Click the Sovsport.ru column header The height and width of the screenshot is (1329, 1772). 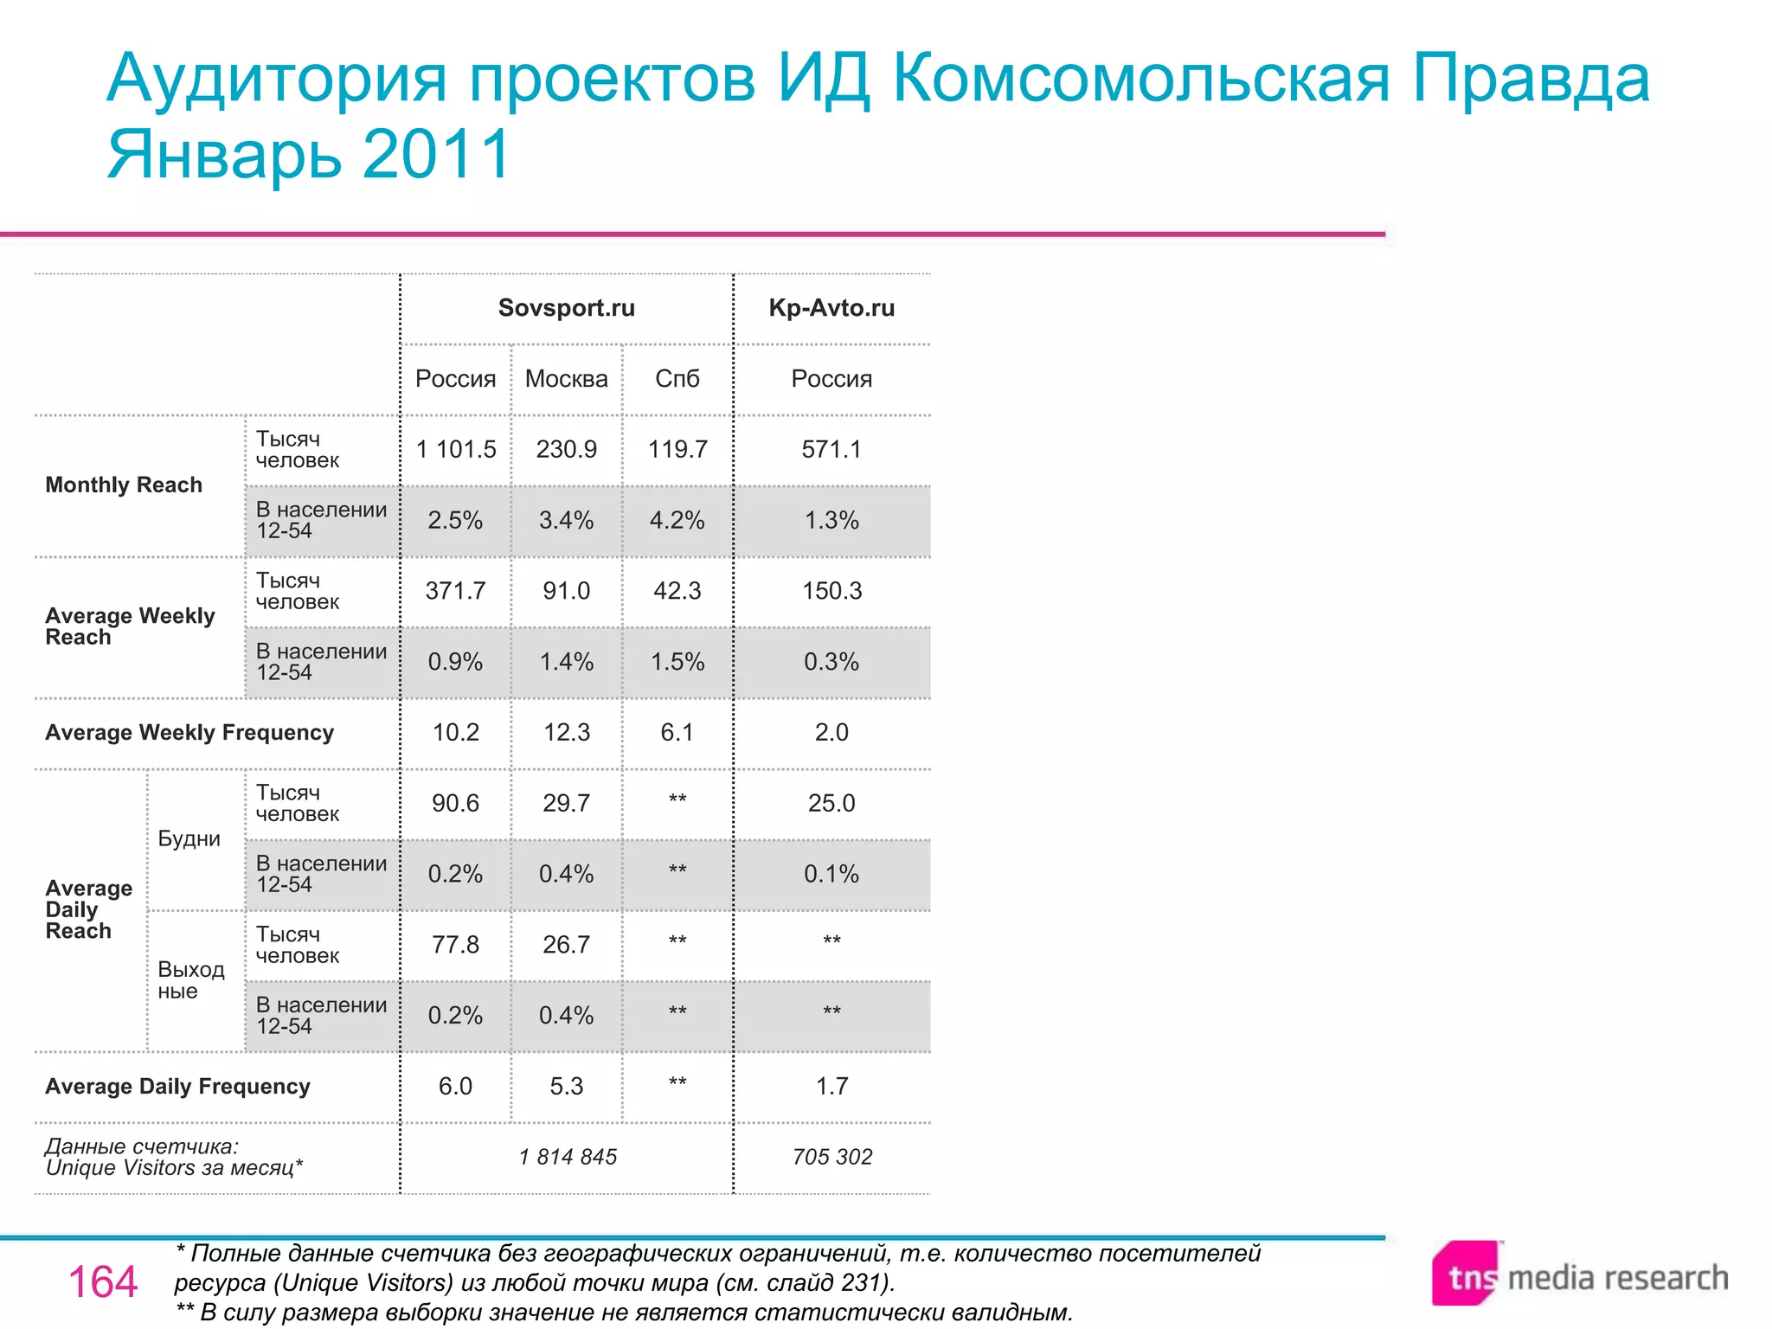click(x=566, y=308)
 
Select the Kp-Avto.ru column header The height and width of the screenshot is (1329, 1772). click(x=831, y=308)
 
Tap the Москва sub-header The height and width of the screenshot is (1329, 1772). click(x=566, y=379)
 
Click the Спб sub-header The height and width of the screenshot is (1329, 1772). click(x=677, y=379)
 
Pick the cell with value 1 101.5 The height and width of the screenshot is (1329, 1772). click(x=456, y=450)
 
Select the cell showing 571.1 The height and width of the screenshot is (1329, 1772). click(x=831, y=450)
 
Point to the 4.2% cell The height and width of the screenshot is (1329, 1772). click(x=677, y=521)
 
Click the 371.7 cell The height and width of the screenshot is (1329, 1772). click(x=456, y=591)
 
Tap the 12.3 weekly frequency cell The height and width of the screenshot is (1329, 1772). click(x=566, y=733)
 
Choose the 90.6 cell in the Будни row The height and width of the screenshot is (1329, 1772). click(x=456, y=804)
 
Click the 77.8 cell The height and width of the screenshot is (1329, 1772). click(x=456, y=945)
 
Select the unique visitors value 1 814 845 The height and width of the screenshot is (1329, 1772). click(x=568, y=1157)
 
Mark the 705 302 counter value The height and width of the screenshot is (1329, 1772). click(x=831, y=1157)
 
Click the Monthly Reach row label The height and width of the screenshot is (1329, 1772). click(x=124, y=485)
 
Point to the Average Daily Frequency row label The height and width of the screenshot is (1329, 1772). click(x=177, y=1087)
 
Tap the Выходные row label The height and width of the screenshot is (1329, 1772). click(x=190, y=980)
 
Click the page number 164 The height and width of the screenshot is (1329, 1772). click(x=103, y=1281)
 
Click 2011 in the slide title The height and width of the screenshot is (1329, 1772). click(x=436, y=154)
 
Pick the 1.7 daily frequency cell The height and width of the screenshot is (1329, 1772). click(x=831, y=1087)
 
